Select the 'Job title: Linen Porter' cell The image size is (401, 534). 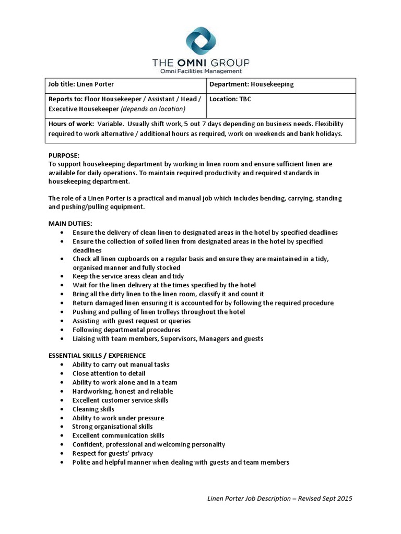click(x=81, y=84)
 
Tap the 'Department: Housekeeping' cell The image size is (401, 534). click(x=252, y=84)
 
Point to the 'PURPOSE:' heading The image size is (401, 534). click(x=64, y=155)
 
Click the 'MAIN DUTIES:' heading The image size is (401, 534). click(x=70, y=223)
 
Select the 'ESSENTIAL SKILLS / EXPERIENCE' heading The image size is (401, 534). click(x=97, y=356)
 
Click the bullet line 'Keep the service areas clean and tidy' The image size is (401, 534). click(x=128, y=276)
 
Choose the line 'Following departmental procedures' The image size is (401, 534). click(x=126, y=330)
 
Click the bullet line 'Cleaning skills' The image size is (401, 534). click(x=93, y=409)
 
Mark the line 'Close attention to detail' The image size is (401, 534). click(x=109, y=373)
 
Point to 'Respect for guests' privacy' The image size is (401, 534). click(x=113, y=454)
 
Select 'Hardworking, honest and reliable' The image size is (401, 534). click(x=123, y=391)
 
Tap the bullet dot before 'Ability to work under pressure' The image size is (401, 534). click(x=63, y=418)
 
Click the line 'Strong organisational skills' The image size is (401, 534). click(x=113, y=427)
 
